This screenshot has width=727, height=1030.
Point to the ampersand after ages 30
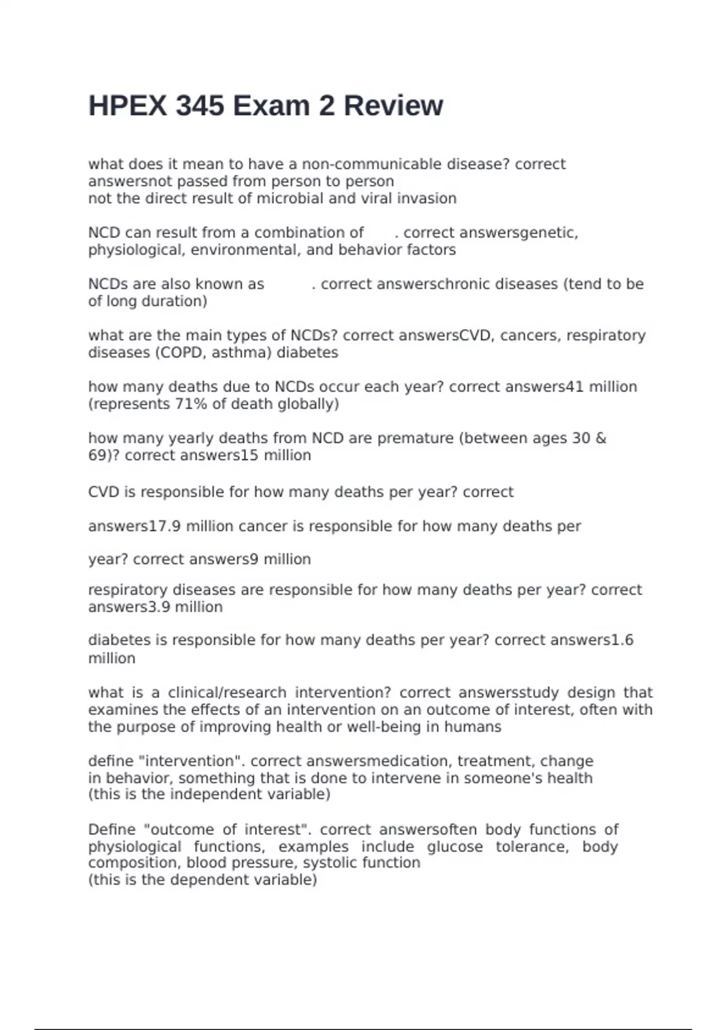tap(600, 438)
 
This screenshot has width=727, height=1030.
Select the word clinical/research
tap(227, 693)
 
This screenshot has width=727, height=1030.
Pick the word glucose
tap(454, 846)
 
